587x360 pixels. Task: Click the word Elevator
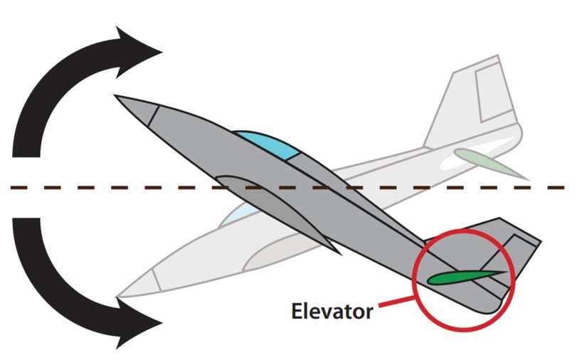click(331, 311)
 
